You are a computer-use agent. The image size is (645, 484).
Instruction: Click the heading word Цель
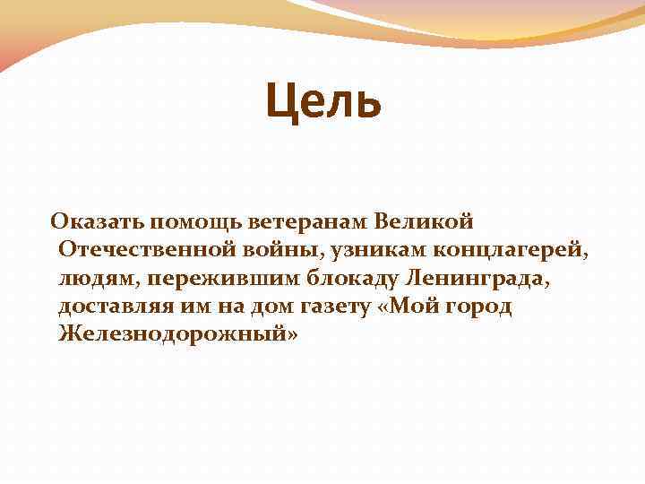[323, 101]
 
